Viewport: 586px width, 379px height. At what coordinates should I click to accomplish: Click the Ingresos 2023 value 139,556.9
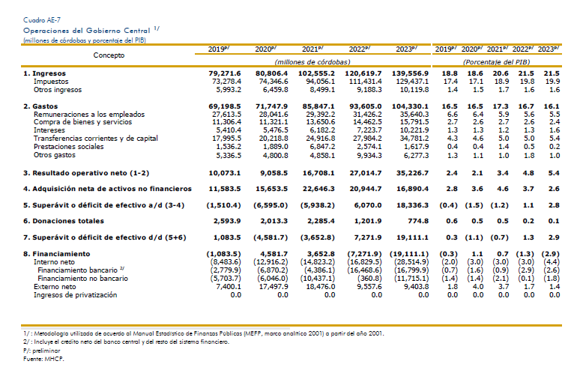point(410,73)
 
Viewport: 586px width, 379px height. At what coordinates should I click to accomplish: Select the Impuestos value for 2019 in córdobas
point(226,82)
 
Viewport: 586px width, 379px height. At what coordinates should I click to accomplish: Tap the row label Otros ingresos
point(58,90)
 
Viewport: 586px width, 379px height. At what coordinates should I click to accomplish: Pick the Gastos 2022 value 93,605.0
point(366,106)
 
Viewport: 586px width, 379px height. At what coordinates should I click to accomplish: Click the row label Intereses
point(49,130)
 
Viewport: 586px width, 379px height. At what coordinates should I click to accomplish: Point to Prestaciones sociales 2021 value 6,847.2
point(320,147)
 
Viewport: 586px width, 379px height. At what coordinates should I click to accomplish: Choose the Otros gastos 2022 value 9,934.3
point(367,155)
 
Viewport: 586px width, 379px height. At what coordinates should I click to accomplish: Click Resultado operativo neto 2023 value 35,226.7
point(413,173)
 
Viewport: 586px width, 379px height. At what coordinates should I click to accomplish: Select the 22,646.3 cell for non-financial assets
point(318,189)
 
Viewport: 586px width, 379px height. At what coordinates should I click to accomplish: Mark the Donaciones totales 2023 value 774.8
point(418,221)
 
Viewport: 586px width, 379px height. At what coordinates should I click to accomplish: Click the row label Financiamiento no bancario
point(82,279)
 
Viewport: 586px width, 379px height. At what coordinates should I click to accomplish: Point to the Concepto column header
point(109,55)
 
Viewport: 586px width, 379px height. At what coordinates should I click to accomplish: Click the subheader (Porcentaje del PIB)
point(496,62)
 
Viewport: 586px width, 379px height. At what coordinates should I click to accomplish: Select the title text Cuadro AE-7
point(42,20)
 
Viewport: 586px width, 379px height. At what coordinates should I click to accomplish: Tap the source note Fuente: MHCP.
point(43,360)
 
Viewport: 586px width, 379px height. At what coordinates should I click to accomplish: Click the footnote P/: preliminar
point(41,351)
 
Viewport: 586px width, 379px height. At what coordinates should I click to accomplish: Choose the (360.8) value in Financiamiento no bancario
point(369,279)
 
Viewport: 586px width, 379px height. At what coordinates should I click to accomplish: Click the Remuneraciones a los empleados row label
point(89,115)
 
